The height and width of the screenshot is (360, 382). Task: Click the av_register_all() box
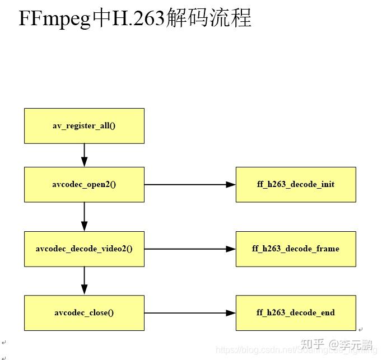(84, 126)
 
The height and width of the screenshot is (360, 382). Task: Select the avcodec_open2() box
(84, 184)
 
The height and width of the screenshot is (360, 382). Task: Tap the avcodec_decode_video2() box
(84, 249)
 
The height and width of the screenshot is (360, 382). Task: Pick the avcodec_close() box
(84, 313)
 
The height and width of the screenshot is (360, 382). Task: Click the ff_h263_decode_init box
(296, 184)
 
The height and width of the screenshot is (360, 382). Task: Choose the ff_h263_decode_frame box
(296, 249)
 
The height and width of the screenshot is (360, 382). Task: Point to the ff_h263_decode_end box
(296, 313)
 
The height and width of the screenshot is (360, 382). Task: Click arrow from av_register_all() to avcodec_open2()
(85, 155)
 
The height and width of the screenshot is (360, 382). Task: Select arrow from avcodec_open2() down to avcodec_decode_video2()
(85, 216)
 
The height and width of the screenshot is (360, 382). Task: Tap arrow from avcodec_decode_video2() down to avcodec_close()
(85, 280)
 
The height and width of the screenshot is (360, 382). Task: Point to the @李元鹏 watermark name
(352, 344)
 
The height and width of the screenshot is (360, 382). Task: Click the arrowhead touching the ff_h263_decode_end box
(230, 313)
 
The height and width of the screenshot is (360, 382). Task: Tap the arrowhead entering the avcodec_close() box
(85, 289)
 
